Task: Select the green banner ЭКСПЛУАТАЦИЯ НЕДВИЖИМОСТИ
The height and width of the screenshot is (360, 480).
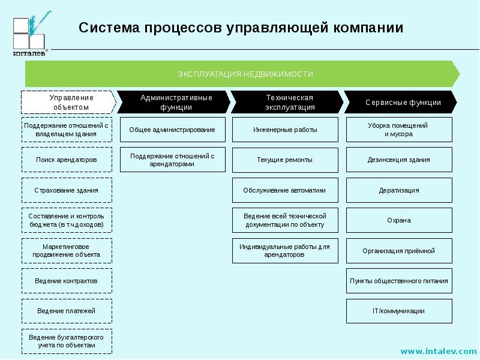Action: pos(242,74)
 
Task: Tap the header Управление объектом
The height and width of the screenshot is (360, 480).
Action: pos(68,102)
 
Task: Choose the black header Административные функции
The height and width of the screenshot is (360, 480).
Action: pos(173,102)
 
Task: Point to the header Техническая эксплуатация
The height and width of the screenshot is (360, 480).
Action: pos(287,102)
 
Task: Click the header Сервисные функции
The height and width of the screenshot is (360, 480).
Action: pos(400,102)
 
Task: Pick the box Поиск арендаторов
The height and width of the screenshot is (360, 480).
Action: pos(67,160)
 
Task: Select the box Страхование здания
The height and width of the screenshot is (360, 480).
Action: pos(67,190)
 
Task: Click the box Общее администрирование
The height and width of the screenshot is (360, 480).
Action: pos(173,130)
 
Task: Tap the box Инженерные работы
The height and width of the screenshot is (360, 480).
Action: pos(286,130)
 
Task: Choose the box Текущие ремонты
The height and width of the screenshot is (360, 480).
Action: pos(286,160)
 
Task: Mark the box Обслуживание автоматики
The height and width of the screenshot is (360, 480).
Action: pos(286,190)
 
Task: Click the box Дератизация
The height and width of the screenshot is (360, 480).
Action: pos(399,190)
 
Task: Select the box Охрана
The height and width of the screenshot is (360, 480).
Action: pos(399,220)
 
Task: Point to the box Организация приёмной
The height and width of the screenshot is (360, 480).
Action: pos(399,251)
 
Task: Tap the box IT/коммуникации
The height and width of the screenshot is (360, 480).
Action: pos(399,311)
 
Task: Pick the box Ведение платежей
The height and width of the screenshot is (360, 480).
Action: pos(67,311)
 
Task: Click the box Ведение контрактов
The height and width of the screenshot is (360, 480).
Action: pos(67,281)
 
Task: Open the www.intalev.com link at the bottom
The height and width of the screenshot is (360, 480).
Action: pos(439,351)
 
